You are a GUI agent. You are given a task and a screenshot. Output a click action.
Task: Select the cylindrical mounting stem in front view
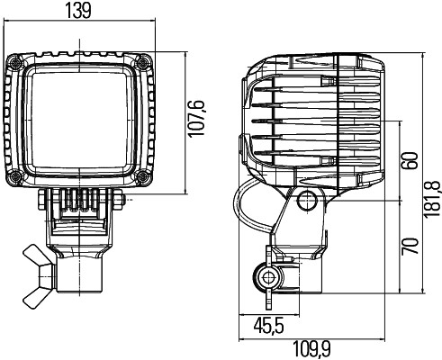[x=81, y=274]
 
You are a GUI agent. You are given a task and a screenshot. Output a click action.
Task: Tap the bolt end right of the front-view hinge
[x=120, y=199]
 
